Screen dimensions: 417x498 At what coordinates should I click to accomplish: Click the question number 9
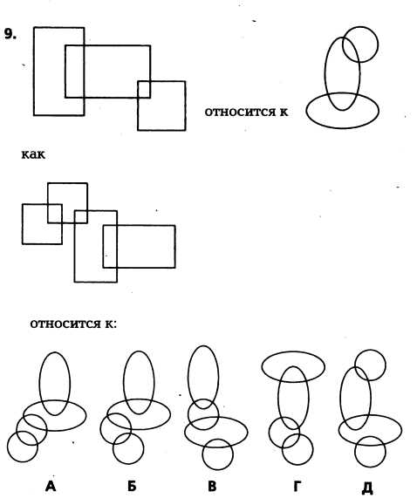10,34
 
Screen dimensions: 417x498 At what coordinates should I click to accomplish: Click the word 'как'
33,155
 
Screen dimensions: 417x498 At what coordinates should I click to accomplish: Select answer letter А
51,487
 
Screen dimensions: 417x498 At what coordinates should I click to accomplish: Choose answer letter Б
132,487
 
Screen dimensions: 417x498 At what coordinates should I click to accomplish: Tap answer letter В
212,487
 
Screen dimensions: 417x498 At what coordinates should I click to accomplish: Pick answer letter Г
297,487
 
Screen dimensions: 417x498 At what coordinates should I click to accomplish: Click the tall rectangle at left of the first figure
34,72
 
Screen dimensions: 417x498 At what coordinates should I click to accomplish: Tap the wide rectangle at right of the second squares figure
175,247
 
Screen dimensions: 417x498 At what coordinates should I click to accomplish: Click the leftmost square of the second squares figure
22,224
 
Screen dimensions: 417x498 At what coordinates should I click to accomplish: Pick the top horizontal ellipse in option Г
293,351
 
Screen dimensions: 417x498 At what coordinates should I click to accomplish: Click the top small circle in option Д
370,350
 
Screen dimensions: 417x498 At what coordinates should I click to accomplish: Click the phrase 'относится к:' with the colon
73,324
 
